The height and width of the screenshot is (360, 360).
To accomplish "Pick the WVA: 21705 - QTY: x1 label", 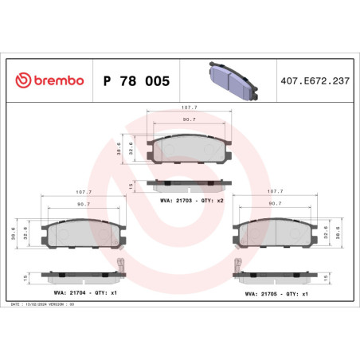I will coord(274,292).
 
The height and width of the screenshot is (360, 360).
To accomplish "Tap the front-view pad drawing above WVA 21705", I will coord(275,233).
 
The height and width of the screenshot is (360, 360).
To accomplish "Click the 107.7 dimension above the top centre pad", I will coord(189,106).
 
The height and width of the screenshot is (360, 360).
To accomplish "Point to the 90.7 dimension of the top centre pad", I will coord(189,119).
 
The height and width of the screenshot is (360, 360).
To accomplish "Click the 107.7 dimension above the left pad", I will coord(83,192).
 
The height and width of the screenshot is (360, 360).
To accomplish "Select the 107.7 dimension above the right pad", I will coord(276,192).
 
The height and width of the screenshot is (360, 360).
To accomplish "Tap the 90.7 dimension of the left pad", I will coord(83,205).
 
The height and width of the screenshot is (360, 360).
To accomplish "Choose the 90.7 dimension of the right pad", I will coord(276,205).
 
